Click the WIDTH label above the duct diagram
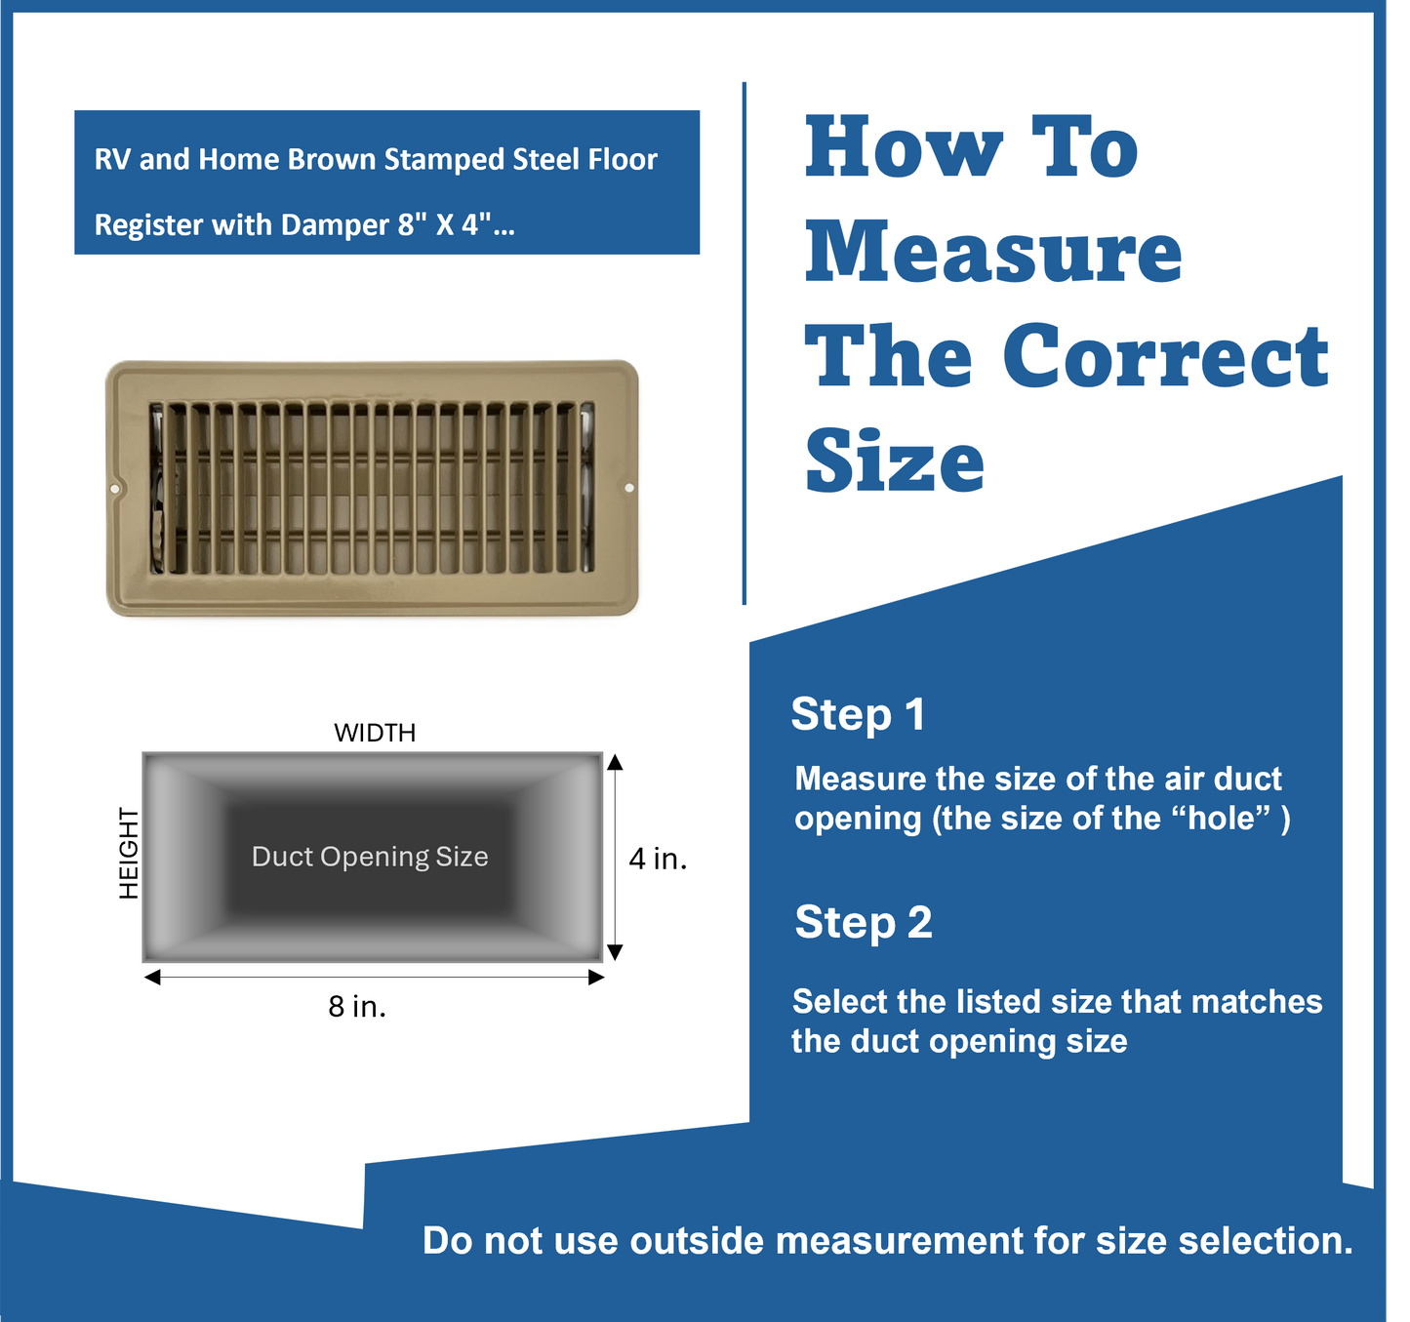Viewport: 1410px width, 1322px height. pyautogui.click(x=375, y=733)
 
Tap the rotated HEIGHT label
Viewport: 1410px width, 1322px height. pyautogui.click(x=129, y=853)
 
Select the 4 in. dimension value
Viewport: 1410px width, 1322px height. pyautogui.click(x=658, y=859)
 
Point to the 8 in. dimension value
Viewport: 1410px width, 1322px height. pyautogui.click(x=357, y=1006)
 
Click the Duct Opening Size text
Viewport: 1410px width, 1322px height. pyautogui.click(x=370, y=857)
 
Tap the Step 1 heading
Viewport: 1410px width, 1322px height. pyautogui.click(x=858, y=714)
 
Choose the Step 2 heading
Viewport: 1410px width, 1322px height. pyautogui.click(x=864, y=923)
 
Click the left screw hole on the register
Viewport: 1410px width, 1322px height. pyautogui.click(x=115, y=488)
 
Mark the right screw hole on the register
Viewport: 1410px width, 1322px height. pyautogui.click(x=629, y=488)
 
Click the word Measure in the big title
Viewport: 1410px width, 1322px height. pyautogui.click(x=993, y=252)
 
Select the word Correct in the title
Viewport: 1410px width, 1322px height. pyautogui.click(x=1165, y=356)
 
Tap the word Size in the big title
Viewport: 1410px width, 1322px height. pyautogui.click(x=895, y=461)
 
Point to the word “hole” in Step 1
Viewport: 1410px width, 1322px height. pyautogui.click(x=1224, y=818)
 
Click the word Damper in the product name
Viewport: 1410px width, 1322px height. pyautogui.click(x=335, y=225)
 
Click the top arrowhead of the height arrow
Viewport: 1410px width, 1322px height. pyautogui.click(x=615, y=762)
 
